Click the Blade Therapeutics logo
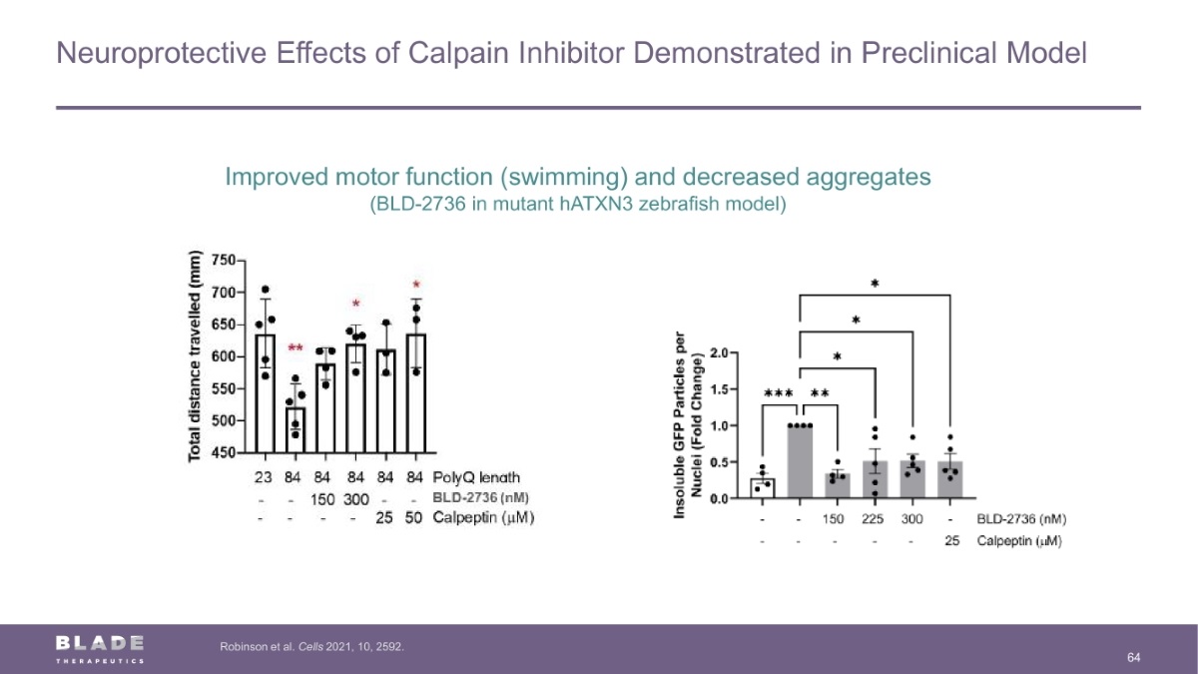click(x=100, y=648)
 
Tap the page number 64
click(x=1133, y=657)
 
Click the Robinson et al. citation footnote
click(x=310, y=647)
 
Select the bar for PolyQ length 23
click(x=266, y=399)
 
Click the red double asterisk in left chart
click(x=296, y=348)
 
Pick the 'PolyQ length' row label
click(x=476, y=477)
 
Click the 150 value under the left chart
click(x=323, y=498)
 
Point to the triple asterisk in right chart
click(x=778, y=393)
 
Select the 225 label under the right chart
click(x=875, y=520)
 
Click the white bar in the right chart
click(x=762, y=488)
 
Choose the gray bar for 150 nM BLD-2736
click(x=837, y=486)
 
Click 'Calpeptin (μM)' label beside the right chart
click(x=1018, y=541)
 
